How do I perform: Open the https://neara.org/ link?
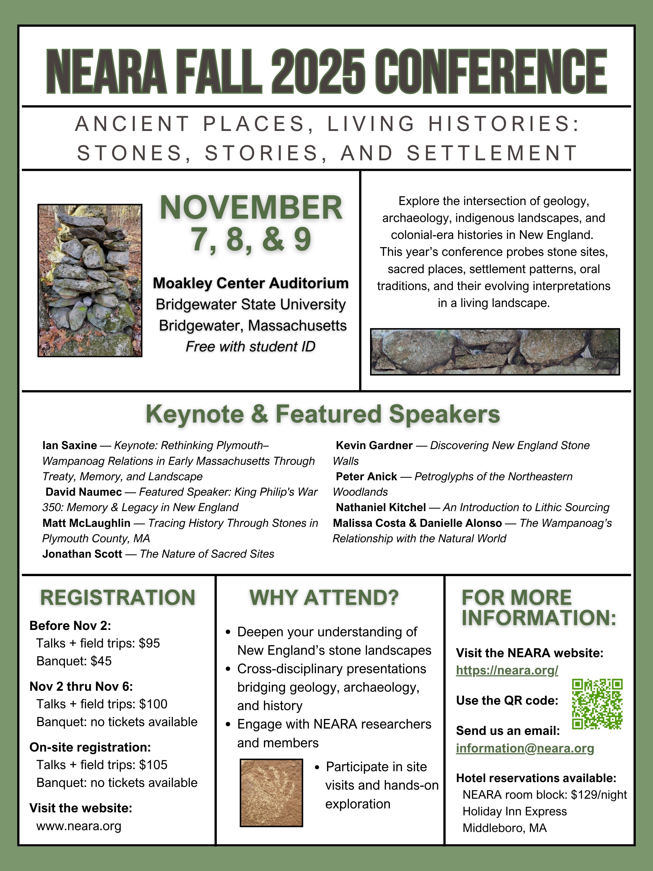pyautogui.click(x=507, y=670)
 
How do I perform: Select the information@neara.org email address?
pyautogui.click(x=525, y=748)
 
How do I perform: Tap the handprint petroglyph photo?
pyautogui.click(x=271, y=793)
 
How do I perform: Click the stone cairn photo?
pyautogui.click(x=90, y=280)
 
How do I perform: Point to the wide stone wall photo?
pyautogui.click(x=495, y=352)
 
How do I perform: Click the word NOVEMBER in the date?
pyautogui.click(x=251, y=207)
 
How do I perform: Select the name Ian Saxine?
pyautogui.click(x=70, y=445)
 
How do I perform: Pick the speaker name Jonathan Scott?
pyautogui.click(x=82, y=554)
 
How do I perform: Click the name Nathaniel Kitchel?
pyautogui.click(x=381, y=507)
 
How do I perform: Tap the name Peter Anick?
pyautogui.click(x=366, y=476)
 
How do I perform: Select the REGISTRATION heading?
pyautogui.click(x=118, y=598)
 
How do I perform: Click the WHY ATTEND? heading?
pyautogui.click(x=324, y=598)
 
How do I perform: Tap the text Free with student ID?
pyautogui.click(x=251, y=347)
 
